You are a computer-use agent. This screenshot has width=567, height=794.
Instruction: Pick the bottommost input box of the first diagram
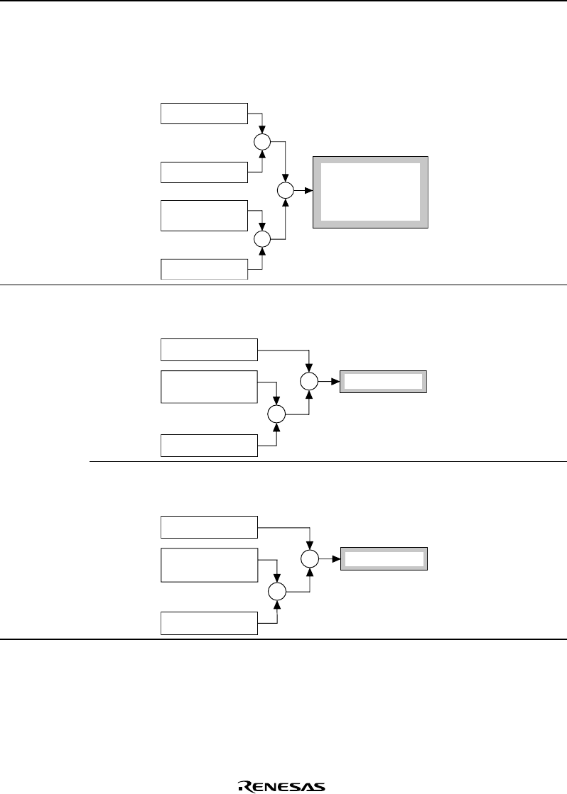click(204, 270)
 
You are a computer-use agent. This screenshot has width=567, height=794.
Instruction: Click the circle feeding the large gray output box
click(285, 191)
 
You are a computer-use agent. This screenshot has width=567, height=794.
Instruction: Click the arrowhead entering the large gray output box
click(308, 191)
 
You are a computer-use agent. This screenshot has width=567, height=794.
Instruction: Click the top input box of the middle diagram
click(209, 350)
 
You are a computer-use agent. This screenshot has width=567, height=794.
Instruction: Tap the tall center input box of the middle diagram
click(209, 387)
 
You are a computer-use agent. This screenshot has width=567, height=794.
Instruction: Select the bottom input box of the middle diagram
click(209, 445)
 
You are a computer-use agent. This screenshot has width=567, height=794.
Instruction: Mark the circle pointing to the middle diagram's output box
click(309, 382)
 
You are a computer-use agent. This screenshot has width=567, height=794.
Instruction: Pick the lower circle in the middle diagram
click(276, 414)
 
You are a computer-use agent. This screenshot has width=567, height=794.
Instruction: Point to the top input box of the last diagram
click(209, 527)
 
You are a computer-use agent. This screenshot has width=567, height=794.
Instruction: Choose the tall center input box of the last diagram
click(209, 565)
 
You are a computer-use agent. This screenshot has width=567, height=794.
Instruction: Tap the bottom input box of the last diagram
click(209, 622)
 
